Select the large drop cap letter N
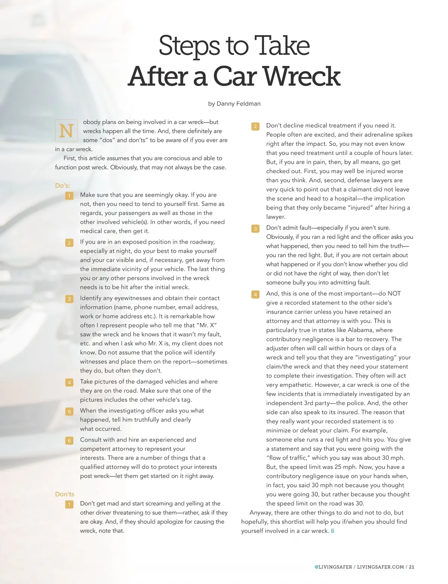click(x=66, y=131)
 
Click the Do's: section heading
click(x=62, y=186)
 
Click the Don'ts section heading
click(x=65, y=494)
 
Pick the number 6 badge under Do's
click(x=69, y=441)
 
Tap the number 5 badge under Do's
click(x=69, y=411)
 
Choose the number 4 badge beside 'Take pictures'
click(x=69, y=382)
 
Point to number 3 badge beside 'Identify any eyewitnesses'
click(x=69, y=299)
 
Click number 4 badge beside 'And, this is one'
click(x=255, y=295)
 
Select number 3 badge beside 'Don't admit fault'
click(x=255, y=229)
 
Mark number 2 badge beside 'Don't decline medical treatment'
click(x=255, y=126)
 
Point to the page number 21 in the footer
click(x=411, y=567)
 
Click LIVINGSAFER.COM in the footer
click(x=380, y=567)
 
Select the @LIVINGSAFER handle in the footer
click(x=333, y=567)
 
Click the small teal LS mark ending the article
click(x=333, y=531)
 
